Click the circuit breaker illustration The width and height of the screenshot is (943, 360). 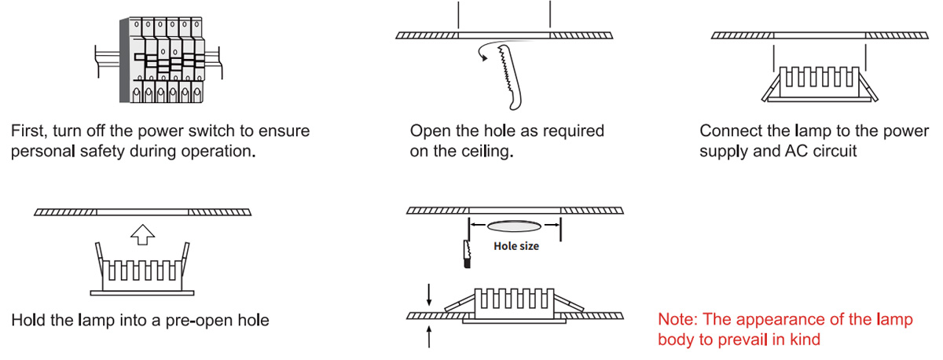tap(159, 60)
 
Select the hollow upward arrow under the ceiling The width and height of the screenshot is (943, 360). tap(143, 234)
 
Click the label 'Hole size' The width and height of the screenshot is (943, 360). tap(516, 246)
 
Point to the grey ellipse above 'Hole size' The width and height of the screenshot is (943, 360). tap(514, 226)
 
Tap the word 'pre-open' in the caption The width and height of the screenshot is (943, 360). tap(199, 321)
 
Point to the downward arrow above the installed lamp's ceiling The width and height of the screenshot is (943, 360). tap(429, 295)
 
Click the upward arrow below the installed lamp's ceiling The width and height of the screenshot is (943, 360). tap(429, 337)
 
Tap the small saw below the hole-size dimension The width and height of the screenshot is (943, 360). tap(467, 254)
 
